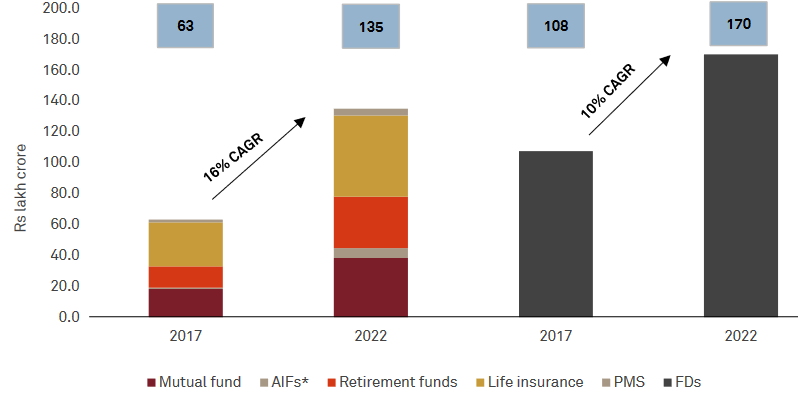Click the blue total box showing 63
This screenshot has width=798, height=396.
[186, 25]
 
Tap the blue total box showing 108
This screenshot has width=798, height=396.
[556, 25]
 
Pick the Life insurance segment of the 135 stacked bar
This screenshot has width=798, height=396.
[371, 156]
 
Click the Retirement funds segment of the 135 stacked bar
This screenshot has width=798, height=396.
[371, 222]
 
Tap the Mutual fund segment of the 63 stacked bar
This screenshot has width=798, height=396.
[186, 302]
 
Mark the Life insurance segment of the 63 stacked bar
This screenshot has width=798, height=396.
[186, 244]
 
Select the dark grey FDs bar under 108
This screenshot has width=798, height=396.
[556, 233]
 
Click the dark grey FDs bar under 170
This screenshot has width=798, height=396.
[741, 185]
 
